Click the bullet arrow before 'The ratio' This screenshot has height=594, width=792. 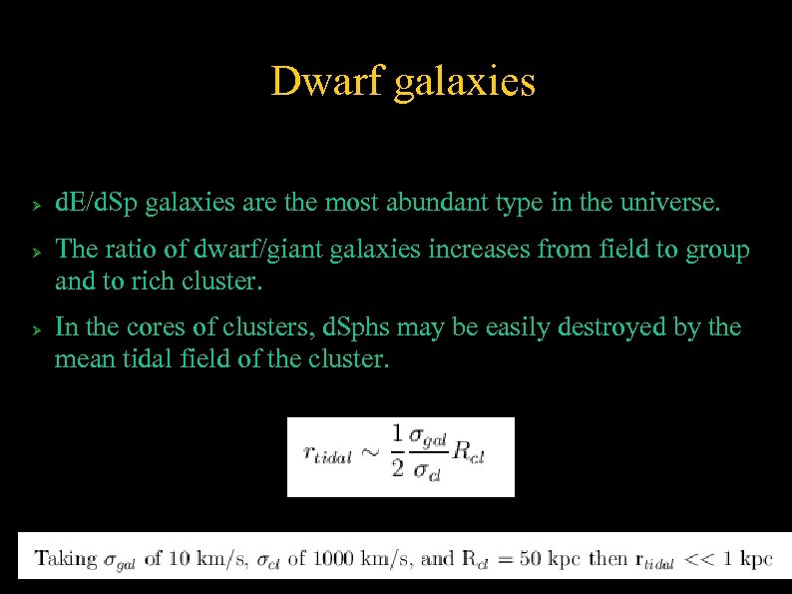[x=34, y=252]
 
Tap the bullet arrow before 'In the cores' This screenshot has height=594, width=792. [x=34, y=328]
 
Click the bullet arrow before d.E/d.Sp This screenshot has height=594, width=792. [x=34, y=206]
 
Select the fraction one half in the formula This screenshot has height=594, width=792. [x=397, y=450]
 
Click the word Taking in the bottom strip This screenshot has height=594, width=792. [x=67, y=559]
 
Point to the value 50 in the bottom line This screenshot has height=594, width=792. [x=535, y=558]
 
